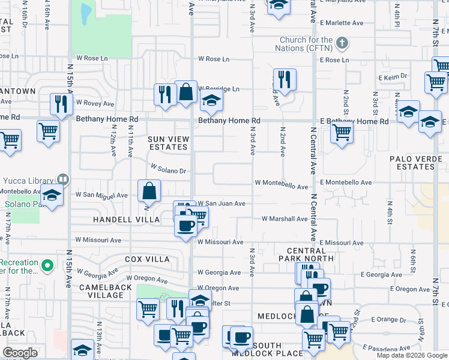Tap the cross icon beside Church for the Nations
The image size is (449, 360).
point(342,43)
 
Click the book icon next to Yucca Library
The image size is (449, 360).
point(62,179)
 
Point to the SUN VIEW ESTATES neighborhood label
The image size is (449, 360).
point(169,143)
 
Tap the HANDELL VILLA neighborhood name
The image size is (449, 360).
point(126,220)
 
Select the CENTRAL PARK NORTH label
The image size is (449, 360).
point(310,254)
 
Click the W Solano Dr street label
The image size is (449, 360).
point(168,170)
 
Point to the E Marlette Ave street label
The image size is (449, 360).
point(342,23)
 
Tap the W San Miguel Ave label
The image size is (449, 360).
point(101,195)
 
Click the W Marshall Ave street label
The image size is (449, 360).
point(285,219)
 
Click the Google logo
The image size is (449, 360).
point(20,353)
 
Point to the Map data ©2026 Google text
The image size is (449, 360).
point(412,355)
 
